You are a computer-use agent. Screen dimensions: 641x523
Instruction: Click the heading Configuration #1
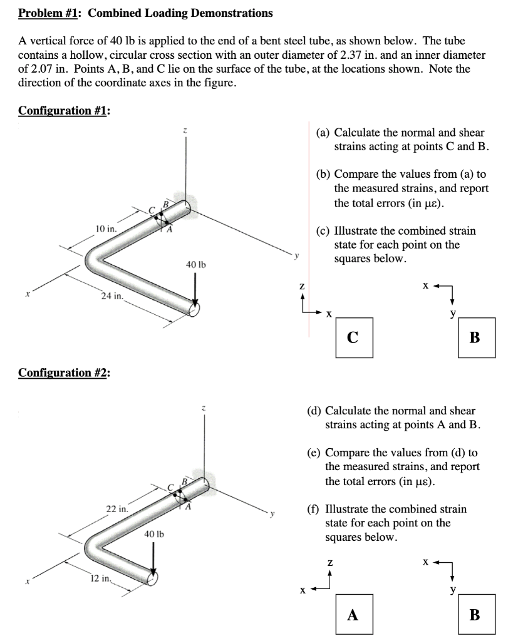click(64, 111)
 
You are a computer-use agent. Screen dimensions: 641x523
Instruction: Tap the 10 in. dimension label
click(105, 228)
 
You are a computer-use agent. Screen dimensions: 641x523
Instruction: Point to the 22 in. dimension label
click(117, 509)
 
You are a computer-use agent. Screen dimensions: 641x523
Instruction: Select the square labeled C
click(353, 338)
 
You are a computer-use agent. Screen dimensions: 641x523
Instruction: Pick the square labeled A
click(353, 615)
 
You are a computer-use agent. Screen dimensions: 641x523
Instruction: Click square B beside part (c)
click(475, 338)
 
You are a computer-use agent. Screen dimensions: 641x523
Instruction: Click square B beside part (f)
click(475, 615)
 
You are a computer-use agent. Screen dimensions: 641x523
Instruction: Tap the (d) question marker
click(314, 411)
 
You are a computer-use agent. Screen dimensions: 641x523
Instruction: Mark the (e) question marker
click(314, 453)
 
